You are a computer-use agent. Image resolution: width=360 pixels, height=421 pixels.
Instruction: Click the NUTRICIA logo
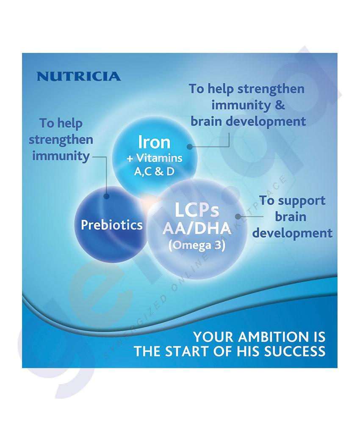click(x=78, y=76)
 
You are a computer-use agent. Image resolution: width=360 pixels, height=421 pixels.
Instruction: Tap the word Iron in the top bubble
click(x=154, y=142)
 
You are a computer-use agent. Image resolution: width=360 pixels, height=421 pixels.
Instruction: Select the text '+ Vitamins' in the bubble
click(x=154, y=158)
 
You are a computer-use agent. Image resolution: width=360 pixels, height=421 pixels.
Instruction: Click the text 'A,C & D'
click(x=154, y=171)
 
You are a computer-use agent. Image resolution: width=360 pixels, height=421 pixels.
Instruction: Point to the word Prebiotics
click(x=112, y=225)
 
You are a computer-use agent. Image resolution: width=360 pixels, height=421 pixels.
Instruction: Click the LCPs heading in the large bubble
click(x=197, y=210)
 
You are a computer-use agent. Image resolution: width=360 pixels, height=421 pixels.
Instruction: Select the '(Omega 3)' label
click(x=197, y=245)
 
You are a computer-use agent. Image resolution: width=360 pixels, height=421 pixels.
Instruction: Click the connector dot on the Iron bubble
click(x=190, y=146)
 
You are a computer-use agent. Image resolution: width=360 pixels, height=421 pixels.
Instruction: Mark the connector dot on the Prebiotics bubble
click(x=106, y=197)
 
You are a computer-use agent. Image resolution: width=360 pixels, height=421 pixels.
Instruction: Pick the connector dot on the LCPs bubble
click(x=238, y=216)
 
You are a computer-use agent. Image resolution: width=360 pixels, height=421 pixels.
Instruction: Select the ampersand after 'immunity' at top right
click(x=280, y=105)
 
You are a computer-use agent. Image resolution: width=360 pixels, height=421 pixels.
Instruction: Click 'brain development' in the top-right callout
click(x=248, y=121)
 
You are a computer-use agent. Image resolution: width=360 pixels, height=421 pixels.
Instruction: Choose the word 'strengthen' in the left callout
click(x=61, y=140)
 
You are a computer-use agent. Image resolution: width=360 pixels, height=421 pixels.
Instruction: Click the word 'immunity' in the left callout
click(x=61, y=156)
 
